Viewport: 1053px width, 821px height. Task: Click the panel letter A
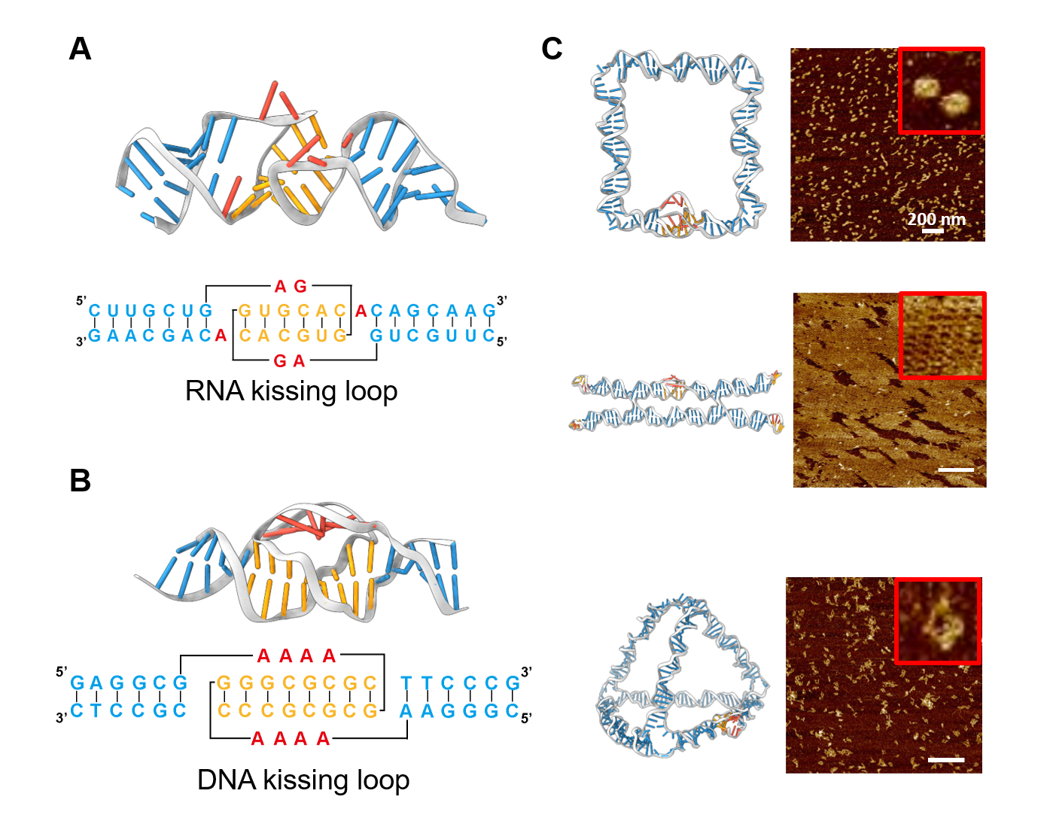click(81, 50)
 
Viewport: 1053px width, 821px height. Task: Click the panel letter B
click(81, 481)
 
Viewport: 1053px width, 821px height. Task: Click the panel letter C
click(552, 50)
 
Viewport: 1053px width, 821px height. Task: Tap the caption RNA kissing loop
click(291, 391)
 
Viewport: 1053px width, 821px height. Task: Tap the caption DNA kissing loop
click(303, 780)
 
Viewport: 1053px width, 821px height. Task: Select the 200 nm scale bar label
click(936, 220)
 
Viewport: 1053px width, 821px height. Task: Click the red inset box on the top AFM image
click(941, 90)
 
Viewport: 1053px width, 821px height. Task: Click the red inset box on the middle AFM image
click(942, 336)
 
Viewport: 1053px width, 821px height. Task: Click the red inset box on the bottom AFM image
click(938, 621)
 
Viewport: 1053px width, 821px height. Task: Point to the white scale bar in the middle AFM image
click(956, 470)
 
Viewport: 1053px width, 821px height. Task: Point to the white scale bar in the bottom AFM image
click(946, 760)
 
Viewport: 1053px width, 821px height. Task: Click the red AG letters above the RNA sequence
click(291, 287)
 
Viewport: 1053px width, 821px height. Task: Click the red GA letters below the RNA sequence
click(290, 362)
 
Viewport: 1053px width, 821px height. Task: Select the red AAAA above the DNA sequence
click(296, 657)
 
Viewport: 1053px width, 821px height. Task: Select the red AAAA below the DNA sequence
click(291, 740)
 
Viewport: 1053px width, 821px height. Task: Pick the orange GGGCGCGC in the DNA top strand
click(297, 683)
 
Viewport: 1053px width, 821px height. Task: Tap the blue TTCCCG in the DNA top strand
click(459, 683)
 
